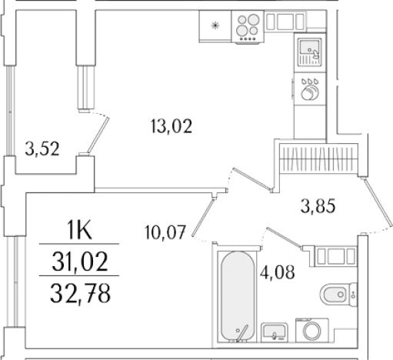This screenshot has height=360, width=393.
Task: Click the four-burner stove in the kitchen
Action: coord(248,28)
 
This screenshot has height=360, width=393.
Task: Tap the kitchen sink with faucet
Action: coord(309,51)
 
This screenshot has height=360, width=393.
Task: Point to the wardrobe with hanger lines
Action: coord(315,161)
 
